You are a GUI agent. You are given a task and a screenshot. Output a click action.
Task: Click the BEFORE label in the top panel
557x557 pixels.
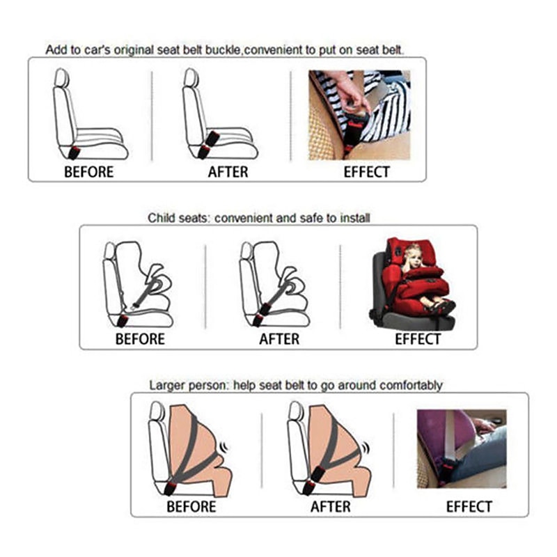click(x=88, y=171)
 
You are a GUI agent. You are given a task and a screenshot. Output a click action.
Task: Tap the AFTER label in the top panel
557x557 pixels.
click(x=228, y=171)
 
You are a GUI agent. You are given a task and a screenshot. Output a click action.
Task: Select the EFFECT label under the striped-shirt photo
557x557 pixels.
click(x=367, y=171)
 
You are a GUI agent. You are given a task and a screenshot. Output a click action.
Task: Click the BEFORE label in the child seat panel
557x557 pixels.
click(x=140, y=339)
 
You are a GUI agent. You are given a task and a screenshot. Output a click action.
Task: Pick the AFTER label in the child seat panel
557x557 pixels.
click(x=279, y=339)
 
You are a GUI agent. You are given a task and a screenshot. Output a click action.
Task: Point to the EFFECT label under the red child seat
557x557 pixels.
click(x=418, y=339)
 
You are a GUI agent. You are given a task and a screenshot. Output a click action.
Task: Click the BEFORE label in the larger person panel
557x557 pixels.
click(x=191, y=506)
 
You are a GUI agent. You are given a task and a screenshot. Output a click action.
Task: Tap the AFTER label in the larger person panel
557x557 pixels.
click(x=331, y=506)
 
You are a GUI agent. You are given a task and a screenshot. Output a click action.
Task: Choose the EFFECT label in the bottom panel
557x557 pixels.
click(x=469, y=506)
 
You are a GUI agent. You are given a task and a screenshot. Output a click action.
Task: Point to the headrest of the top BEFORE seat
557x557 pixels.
click(x=61, y=77)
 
